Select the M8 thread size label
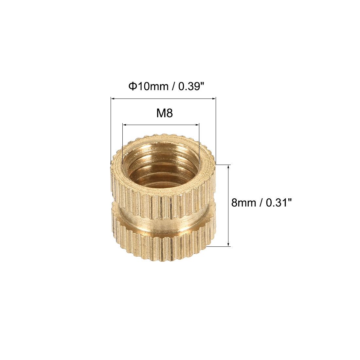(164, 113)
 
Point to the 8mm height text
(243, 203)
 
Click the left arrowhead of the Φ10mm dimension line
(112, 98)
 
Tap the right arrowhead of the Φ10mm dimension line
(214, 98)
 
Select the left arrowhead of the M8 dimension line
(124, 124)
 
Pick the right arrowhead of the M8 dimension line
(197, 124)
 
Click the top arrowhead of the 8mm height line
(229, 166)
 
